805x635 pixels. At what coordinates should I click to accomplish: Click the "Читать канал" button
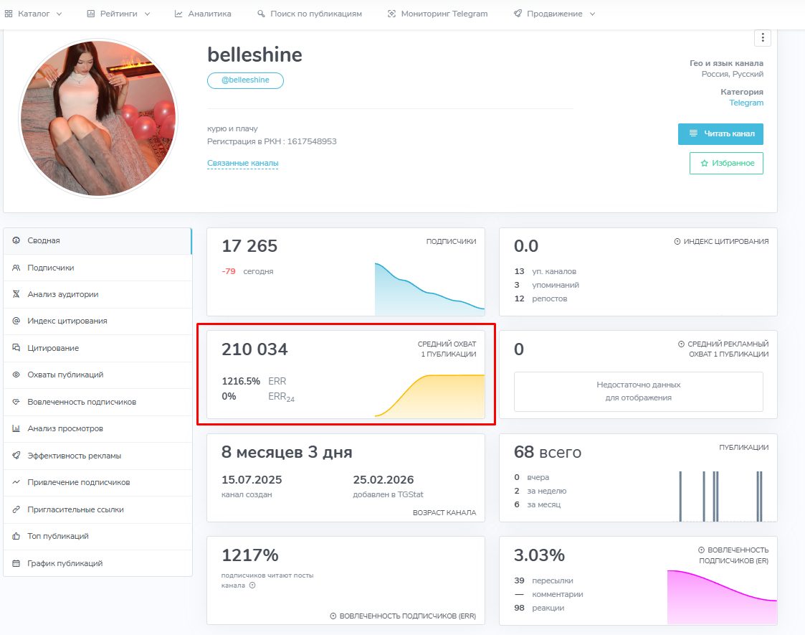tap(720, 134)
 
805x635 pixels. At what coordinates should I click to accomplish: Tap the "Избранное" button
tap(726, 163)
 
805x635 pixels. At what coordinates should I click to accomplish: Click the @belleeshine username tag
tap(245, 80)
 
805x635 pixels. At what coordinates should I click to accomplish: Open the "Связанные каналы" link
tap(242, 164)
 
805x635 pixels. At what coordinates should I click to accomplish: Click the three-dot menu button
tap(763, 37)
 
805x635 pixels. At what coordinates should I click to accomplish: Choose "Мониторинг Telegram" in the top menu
tap(444, 14)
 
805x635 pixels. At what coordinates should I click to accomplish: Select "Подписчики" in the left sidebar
tap(50, 268)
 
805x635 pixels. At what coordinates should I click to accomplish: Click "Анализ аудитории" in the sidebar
tap(62, 294)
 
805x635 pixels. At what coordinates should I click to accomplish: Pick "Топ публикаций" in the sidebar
tap(57, 536)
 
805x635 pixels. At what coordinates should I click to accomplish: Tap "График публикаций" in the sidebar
tap(65, 563)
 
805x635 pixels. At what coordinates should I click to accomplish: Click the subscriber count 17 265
tap(249, 246)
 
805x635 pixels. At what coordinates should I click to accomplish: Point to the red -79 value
tap(229, 271)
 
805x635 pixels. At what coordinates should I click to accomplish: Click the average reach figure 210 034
tap(254, 349)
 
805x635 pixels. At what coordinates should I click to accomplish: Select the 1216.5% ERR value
tap(241, 381)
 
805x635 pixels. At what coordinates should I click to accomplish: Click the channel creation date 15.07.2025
tap(252, 480)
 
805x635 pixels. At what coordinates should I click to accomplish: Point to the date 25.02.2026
tap(384, 480)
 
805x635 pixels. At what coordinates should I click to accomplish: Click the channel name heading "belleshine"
tap(254, 55)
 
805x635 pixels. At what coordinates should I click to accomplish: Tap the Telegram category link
tap(746, 103)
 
